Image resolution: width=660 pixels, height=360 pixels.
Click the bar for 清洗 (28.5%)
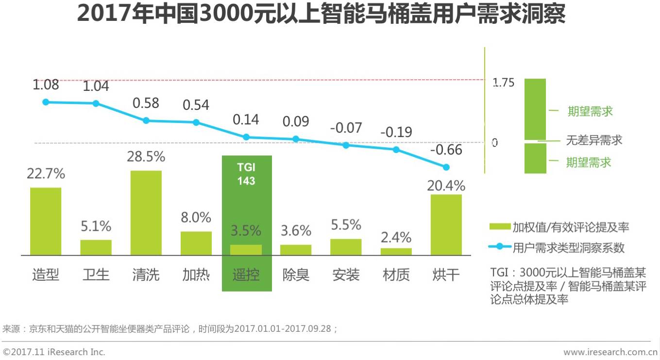146,213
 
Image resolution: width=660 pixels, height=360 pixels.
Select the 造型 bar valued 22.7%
46,221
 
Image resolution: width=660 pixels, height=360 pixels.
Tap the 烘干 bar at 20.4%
446,224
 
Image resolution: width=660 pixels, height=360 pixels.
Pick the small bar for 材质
396,252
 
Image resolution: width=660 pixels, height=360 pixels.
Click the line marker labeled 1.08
46,102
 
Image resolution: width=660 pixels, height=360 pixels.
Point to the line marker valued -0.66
446,167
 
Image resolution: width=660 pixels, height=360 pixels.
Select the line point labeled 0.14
246,137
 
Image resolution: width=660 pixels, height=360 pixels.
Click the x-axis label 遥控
246,275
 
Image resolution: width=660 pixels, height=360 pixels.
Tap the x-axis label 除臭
296,275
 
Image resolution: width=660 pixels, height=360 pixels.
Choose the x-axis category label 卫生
96,275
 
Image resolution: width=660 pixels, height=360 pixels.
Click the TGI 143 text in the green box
246,174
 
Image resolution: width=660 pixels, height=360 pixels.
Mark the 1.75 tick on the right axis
503,83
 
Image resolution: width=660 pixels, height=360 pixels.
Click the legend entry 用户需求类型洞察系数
568,248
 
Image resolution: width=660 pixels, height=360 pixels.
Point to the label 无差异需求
593,141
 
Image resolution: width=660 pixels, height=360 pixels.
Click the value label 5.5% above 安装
346,224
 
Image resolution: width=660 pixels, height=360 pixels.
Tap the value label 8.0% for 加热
196,217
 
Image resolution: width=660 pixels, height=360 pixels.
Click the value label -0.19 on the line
396,132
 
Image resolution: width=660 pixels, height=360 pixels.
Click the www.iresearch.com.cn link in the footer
610,352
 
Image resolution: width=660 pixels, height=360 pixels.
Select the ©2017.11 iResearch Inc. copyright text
54,352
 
